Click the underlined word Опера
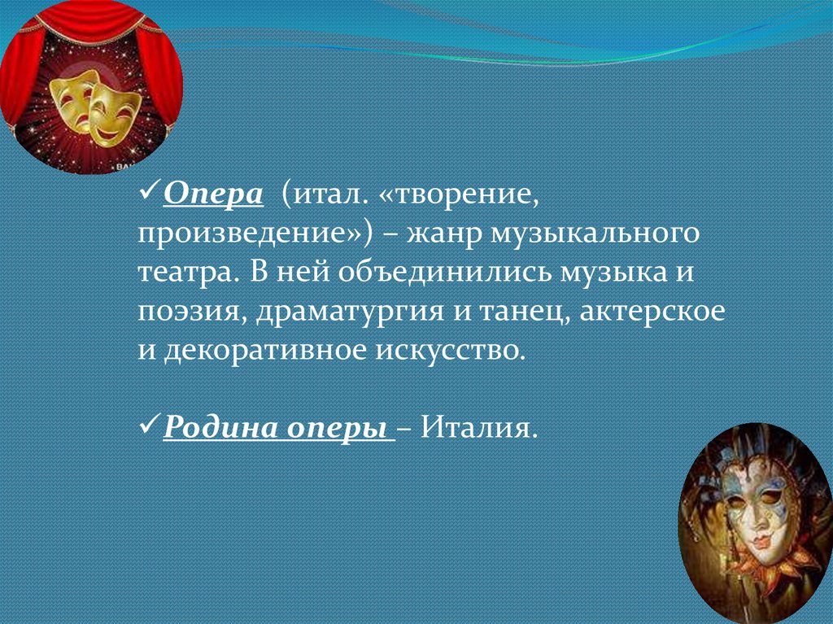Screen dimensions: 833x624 click(213, 194)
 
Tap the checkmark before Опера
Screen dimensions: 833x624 click(149, 190)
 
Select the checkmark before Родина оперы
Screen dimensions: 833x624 click(149, 424)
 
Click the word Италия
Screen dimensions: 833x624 click(479, 427)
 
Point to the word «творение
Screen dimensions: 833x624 click(459, 195)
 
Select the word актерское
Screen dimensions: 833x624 click(652, 312)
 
